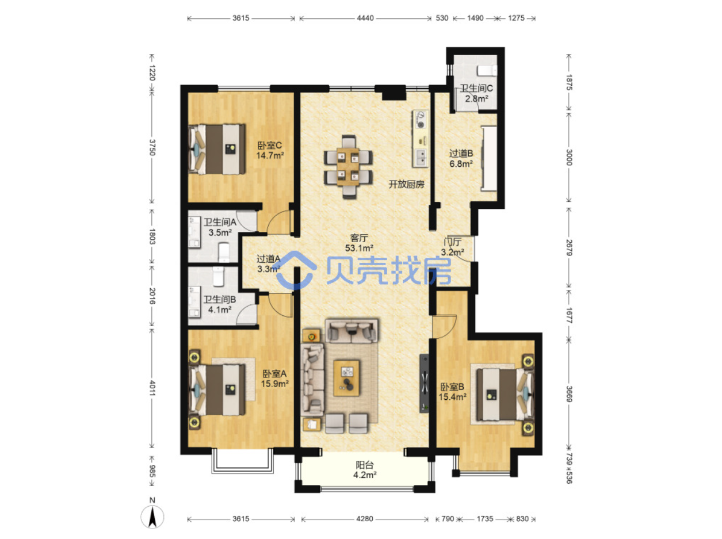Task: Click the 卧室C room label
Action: (269, 145)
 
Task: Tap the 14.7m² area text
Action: (270, 155)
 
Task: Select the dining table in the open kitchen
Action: (348, 167)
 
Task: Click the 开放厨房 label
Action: (406, 184)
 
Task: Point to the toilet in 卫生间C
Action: (487, 71)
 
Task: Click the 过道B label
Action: (461, 153)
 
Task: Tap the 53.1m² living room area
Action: (359, 248)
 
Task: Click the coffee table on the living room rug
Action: (346, 378)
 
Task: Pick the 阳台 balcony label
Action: (365, 465)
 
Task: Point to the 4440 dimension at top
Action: (365, 18)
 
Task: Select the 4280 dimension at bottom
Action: (365, 519)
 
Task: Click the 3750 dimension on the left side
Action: (152, 147)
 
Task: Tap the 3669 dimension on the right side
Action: (569, 393)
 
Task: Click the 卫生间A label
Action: (220, 222)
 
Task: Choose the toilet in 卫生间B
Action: (219, 276)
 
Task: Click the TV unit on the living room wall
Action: (423, 383)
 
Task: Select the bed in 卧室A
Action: (217, 389)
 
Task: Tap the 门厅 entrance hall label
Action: (452, 242)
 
